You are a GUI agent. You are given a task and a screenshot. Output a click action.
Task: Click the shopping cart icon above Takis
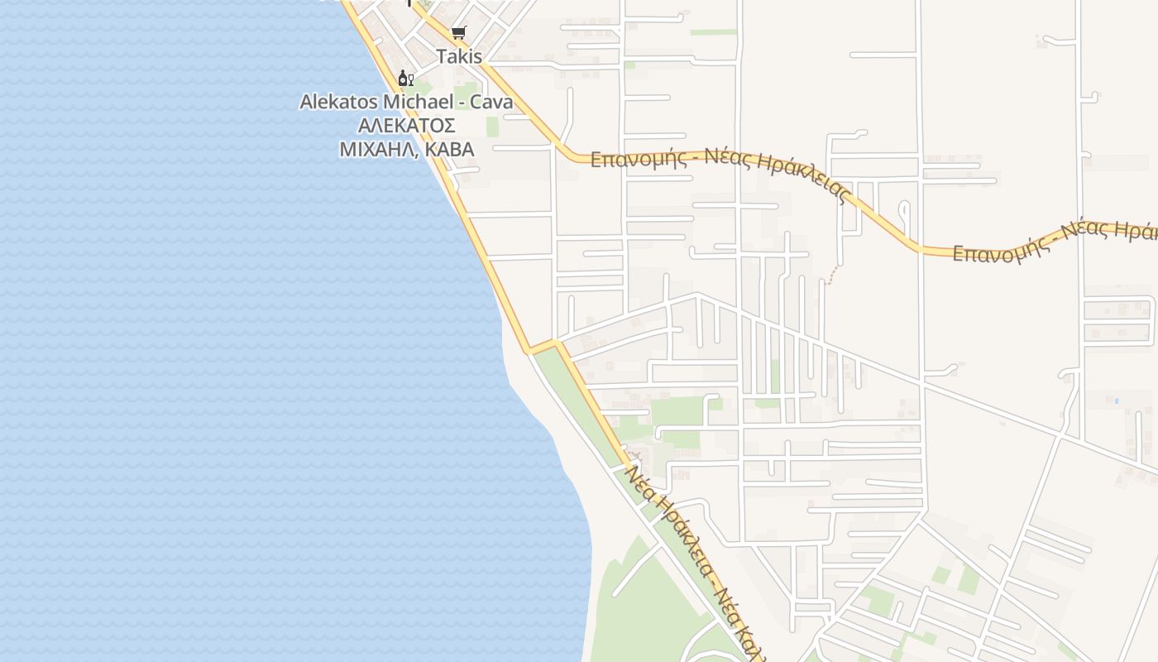click(x=458, y=33)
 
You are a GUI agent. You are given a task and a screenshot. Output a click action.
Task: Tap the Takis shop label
click(x=459, y=57)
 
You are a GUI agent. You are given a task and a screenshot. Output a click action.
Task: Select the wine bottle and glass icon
click(x=405, y=79)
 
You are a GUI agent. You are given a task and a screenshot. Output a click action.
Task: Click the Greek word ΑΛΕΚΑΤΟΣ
click(x=406, y=126)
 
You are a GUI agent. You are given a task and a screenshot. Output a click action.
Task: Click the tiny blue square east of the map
click(x=1116, y=401)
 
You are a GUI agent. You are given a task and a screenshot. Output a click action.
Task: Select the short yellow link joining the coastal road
click(x=543, y=346)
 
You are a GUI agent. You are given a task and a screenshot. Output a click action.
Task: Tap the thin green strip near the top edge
click(x=713, y=32)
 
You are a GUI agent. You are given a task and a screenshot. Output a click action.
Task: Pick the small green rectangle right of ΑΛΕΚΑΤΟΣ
click(x=492, y=127)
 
